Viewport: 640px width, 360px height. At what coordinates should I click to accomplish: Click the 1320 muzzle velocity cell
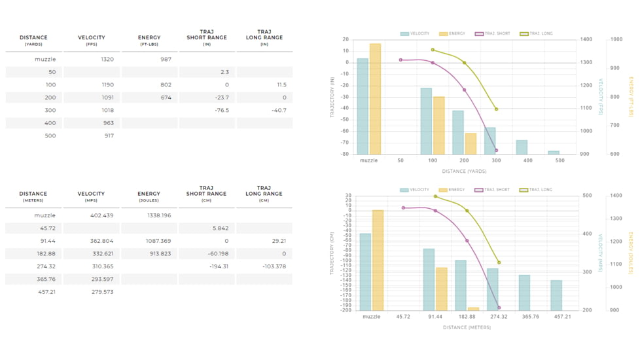pos(107,60)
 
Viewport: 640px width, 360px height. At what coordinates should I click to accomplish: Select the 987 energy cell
pos(166,60)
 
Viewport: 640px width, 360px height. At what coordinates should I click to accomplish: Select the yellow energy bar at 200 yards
pos(471,144)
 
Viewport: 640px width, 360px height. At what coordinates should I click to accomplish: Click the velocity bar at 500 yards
pos(554,153)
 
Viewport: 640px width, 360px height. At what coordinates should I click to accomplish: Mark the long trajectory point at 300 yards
pos(497,109)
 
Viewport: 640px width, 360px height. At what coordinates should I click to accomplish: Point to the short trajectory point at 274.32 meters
pos(499,308)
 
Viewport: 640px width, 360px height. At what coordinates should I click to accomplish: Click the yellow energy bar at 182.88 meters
pos(473,309)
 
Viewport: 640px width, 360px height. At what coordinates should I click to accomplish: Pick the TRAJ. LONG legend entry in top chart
pos(537,33)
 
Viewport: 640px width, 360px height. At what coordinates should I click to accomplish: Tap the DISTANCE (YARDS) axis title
pos(463,171)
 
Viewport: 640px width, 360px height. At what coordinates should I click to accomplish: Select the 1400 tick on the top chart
pos(586,40)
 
